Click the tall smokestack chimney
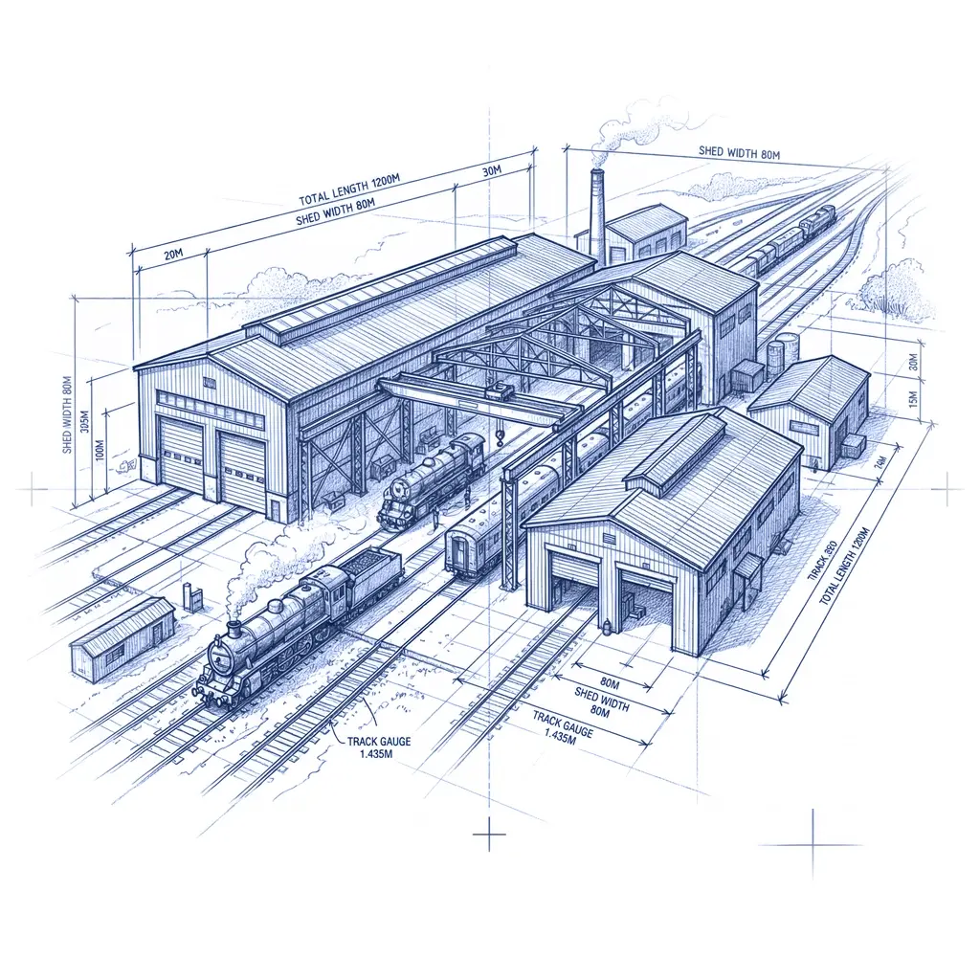pos(597,215)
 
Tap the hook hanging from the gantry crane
pos(500,438)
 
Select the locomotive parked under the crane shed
pos(431,479)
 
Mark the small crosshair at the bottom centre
pos(489,835)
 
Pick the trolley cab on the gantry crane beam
pos(498,390)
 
